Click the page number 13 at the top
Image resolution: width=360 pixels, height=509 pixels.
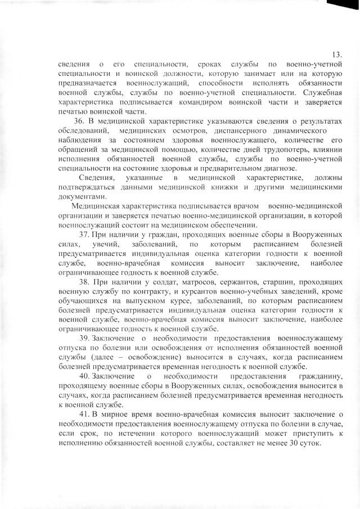click(x=337, y=55)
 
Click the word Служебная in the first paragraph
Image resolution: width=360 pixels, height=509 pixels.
click(x=323, y=93)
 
